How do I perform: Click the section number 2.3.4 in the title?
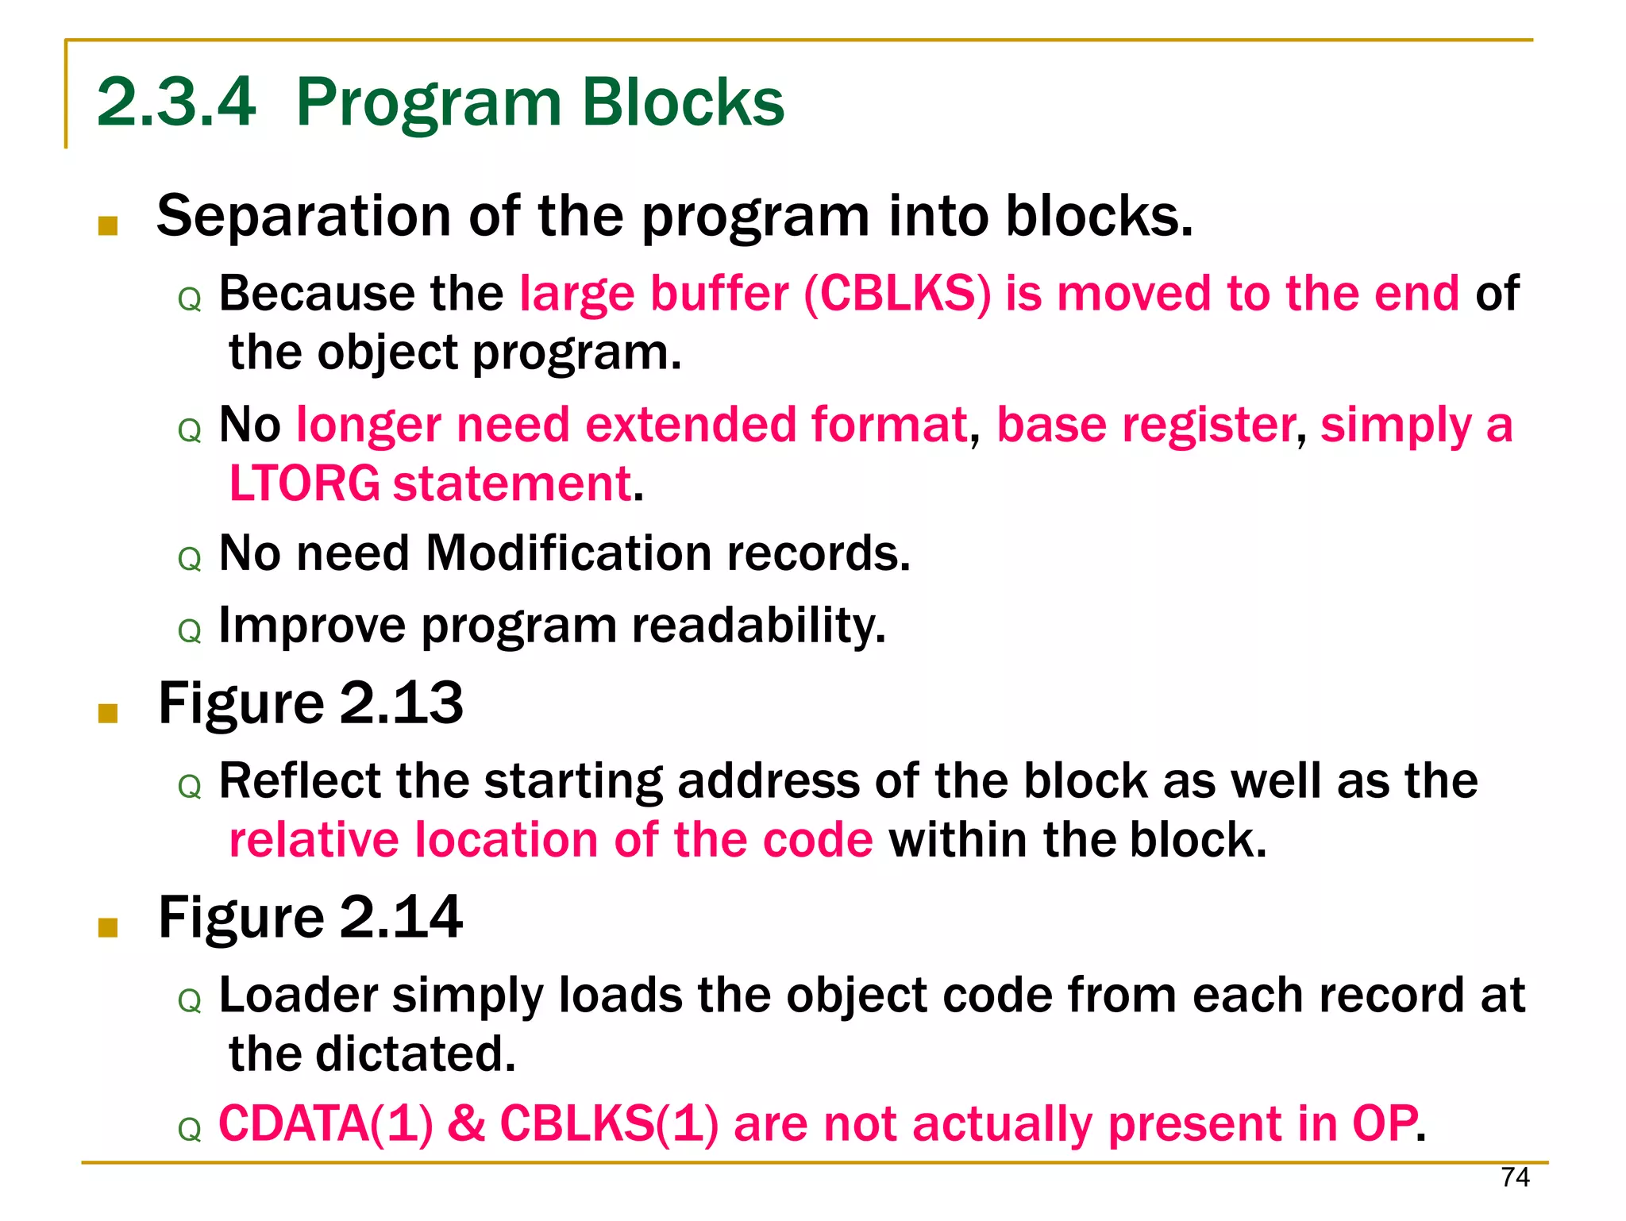coord(176,102)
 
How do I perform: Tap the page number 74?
coord(1515,1177)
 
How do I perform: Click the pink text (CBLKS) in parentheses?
coord(897,294)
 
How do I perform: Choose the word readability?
coord(758,626)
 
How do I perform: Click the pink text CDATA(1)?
coord(326,1124)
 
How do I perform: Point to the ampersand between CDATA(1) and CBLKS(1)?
coord(466,1124)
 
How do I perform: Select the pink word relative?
coord(314,841)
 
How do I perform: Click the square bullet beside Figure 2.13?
coord(108,713)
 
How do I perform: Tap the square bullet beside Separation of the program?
coord(108,226)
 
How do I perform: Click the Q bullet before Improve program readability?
coord(190,632)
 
